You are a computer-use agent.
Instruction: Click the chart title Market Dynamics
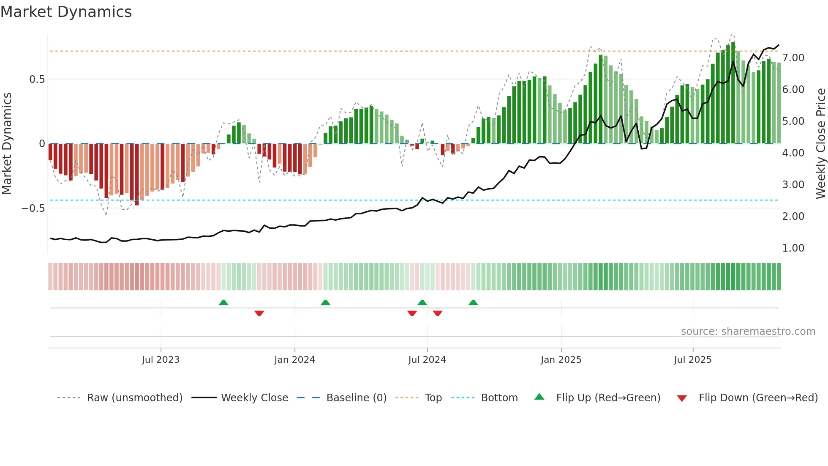(x=66, y=12)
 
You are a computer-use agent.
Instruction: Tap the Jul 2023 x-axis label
(x=161, y=360)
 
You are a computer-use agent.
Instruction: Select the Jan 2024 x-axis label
(x=294, y=360)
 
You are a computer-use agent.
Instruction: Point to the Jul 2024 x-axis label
(x=427, y=360)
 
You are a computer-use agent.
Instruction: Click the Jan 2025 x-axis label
(x=561, y=360)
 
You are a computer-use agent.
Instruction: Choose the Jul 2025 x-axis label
(x=693, y=360)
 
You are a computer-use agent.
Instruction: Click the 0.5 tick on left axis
(x=37, y=79)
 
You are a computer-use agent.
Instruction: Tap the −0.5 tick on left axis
(x=33, y=208)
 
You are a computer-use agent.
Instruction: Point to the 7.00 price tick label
(x=793, y=58)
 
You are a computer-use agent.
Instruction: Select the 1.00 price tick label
(x=793, y=248)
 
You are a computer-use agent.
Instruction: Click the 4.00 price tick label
(x=793, y=153)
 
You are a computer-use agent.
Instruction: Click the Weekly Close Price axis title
(x=820, y=144)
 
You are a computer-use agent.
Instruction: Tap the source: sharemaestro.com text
(x=748, y=332)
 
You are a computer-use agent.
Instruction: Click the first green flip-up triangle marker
(x=223, y=302)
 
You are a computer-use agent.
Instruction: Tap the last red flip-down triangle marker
(x=438, y=313)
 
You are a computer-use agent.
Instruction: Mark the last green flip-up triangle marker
(x=473, y=302)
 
